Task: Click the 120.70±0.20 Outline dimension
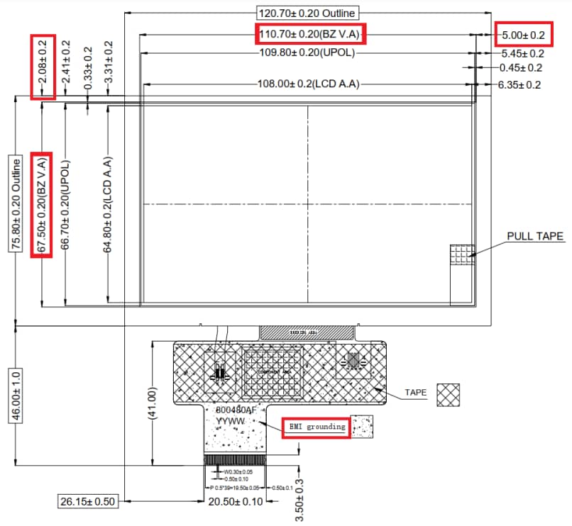307,13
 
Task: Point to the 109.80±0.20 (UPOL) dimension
307,52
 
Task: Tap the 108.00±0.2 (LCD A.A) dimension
307,84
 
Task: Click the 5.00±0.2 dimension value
523,34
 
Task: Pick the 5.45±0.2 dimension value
522,53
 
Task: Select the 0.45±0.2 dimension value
520,68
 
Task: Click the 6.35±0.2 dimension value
520,85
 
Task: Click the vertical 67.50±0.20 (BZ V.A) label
42,205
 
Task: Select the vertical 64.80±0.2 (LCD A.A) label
108,205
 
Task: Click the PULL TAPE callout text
535,236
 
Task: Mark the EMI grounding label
316,427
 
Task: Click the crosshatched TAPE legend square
448,396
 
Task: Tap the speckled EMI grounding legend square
363,426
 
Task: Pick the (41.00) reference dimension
151,403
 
